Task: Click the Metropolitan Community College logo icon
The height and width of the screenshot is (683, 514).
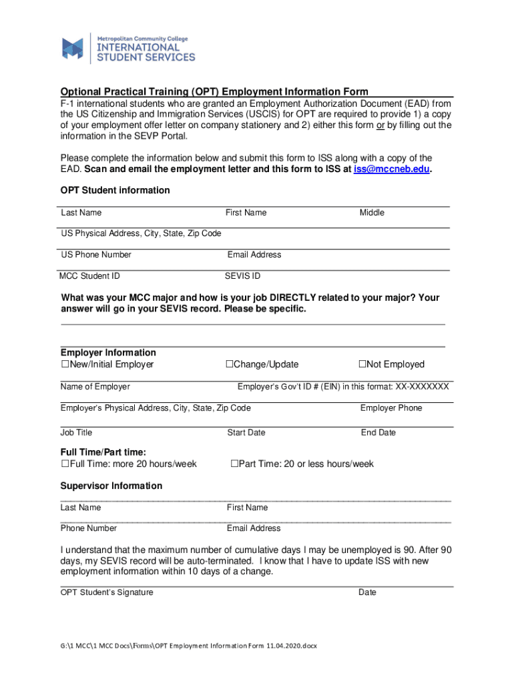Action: click(x=73, y=48)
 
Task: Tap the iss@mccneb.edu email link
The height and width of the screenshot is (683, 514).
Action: click(x=393, y=169)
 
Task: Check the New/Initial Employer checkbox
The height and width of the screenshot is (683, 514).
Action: click(x=65, y=364)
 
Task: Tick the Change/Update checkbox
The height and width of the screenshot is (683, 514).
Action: click(x=229, y=364)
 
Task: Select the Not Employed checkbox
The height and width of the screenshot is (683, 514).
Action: click(x=362, y=364)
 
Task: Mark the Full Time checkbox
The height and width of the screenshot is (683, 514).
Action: click(x=65, y=464)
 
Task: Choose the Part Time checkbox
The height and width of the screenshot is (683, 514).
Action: click(x=234, y=464)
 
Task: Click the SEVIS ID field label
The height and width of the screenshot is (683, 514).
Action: click(x=242, y=276)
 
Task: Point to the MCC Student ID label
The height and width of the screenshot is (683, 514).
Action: click(x=89, y=276)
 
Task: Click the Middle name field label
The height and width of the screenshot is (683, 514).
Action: click(x=372, y=213)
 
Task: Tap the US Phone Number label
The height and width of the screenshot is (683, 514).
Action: click(x=96, y=255)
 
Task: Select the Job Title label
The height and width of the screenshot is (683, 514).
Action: click(x=77, y=433)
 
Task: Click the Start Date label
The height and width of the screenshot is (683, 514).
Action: click(x=246, y=433)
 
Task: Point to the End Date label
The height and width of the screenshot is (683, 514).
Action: click(x=378, y=433)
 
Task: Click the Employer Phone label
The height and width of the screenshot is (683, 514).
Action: click(x=391, y=408)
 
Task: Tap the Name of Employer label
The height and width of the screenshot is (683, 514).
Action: click(x=95, y=387)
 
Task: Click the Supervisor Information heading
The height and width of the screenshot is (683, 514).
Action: click(x=111, y=486)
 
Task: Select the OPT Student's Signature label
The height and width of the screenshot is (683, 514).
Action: click(x=107, y=592)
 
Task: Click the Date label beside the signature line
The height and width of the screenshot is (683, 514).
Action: click(x=367, y=592)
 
